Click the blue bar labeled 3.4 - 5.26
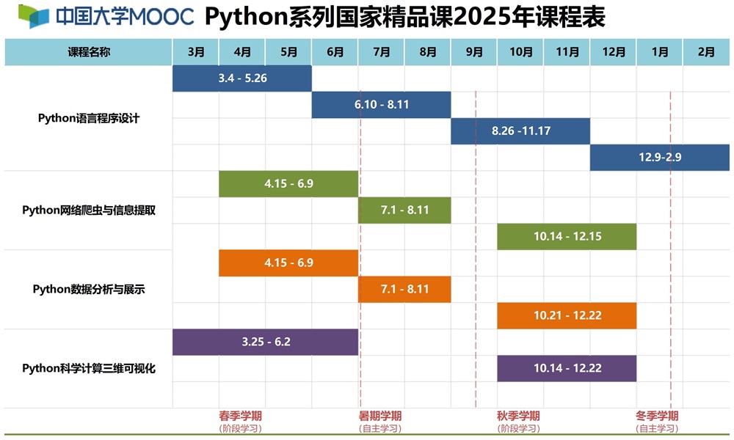pyautogui.click(x=242, y=78)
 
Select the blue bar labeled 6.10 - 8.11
pyautogui.click(x=381, y=105)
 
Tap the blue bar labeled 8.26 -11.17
pyautogui.click(x=520, y=131)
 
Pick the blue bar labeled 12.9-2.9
pyautogui.click(x=660, y=157)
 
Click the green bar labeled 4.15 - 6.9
pyautogui.click(x=288, y=184)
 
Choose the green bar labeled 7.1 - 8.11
pyautogui.click(x=404, y=210)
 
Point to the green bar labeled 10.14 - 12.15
pyautogui.click(x=567, y=237)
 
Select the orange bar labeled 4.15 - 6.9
pyautogui.click(x=288, y=263)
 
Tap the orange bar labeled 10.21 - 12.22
pyautogui.click(x=567, y=315)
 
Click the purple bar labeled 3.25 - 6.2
pyautogui.click(x=265, y=342)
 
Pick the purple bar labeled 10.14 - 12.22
pyautogui.click(x=567, y=368)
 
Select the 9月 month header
pyautogui.click(x=474, y=52)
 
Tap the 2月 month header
pyautogui.click(x=706, y=52)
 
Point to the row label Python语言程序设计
pyautogui.click(x=89, y=118)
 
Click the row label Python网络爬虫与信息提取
pyautogui.click(x=89, y=210)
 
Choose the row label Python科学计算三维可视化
pyautogui.click(x=89, y=368)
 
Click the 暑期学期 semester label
pyautogui.click(x=380, y=416)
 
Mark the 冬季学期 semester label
pyautogui.click(x=657, y=416)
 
